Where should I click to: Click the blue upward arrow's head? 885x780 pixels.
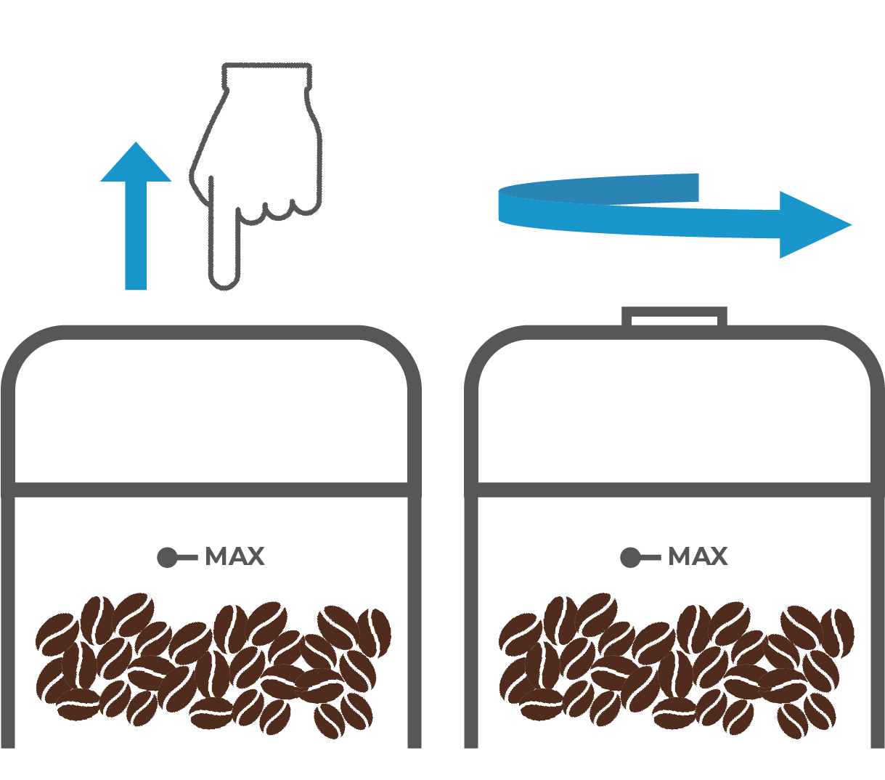click(x=136, y=164)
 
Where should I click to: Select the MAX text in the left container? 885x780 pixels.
click(x=234, y=557)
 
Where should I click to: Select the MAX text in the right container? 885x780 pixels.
click(x=698, y=557)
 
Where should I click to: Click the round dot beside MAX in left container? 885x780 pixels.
click(x=167, y=558)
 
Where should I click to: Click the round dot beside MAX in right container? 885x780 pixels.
click(x=630, y=558)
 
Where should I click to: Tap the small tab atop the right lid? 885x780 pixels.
click(x=674, y=317)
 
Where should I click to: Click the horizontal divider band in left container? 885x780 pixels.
click(x=211, y=489)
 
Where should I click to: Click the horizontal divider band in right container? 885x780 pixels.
click(x=674, y=489)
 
